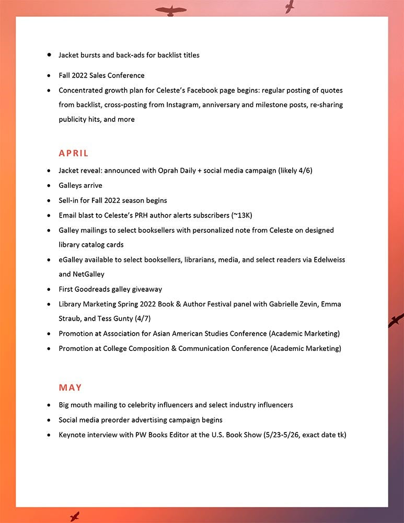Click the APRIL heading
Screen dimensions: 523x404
pyautogui.click(x=74, y=153)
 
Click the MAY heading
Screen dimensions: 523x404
pyautogui.click(x=71, y=388)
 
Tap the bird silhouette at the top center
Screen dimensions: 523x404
pyautogui.click(x=170, y=10)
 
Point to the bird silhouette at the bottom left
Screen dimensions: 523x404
pyautogui.click(x=74, y=516)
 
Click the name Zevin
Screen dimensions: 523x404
pyautogui.click(x=317, y=304)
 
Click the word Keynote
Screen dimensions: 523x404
pyautogui.click(x=73, y=435)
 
